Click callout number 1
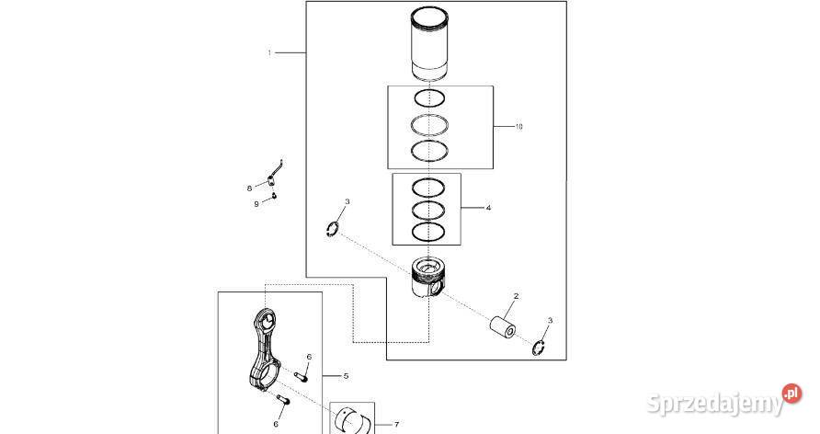[x=269, y=53]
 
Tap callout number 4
[x=488, y=209]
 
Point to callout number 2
[x=516, y=296]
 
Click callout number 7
[x=396, y=425]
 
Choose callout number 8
[x=249, y=188]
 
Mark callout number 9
[x=256, y=203]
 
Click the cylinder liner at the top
[x=428, y=45]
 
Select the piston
[x=427, y=279]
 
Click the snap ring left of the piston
[x=335, y=227]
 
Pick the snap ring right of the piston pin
[x=540, y=347]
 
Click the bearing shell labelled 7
[x=355, y=420]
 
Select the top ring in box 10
[x=428, y=97]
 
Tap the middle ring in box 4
[x=428, y=210]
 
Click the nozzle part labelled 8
[x=274, y=176]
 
